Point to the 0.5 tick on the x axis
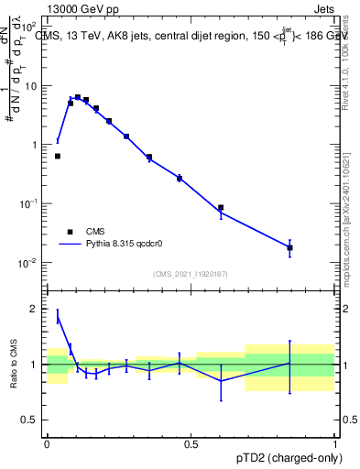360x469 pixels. [x=191, y=443]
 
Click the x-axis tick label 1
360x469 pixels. [x=335, y=443]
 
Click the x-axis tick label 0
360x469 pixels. [x=47, y=443]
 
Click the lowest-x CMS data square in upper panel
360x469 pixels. [x=58, y=157]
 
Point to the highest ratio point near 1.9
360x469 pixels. [x=58, y=316]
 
